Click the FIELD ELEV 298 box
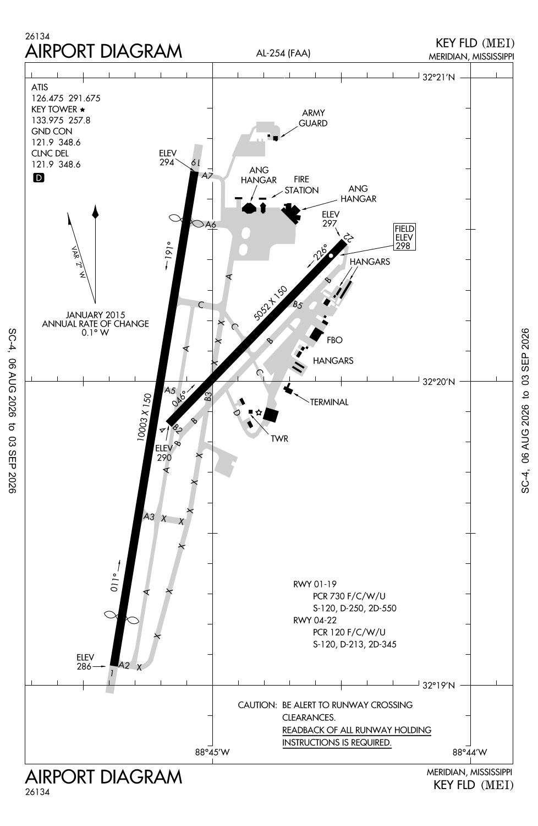pyautogui.click(x=404, y=237)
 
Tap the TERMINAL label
pyautogui.click(x=329, y=402)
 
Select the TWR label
pyautogui.click(x=279, y=438)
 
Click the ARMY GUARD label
pyautogui.click(x=313, y=118)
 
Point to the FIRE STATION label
pyautogui.click(x=301, y=184)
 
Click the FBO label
pyautogui.click(x=334, y=340)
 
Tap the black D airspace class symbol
pyautogui.click(x=39, y=178)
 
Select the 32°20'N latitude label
pyautogui.click(x=438, y=382)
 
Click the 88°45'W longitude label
pyautogui.click(x=212, y=752)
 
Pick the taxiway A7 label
pyautogui.click(x=207, y=176)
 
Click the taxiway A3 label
pyautogui.click(x=149, y=517)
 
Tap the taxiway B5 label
pyautogui.click(x=298, y=305)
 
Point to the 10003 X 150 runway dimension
pyautogui.click(x=144, y=417)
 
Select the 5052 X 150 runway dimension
pyautogui.click(x=271, y=303)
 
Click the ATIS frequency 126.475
pyautogui.click(x=47, y=99)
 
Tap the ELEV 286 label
pyautogui.click(x=85, y=662)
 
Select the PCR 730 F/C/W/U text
pyautogui.click(x=349, y=596)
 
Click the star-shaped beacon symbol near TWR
pyautogui.click(x=259, y=412)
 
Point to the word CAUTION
pyautogui.click(x=257, y=705)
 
